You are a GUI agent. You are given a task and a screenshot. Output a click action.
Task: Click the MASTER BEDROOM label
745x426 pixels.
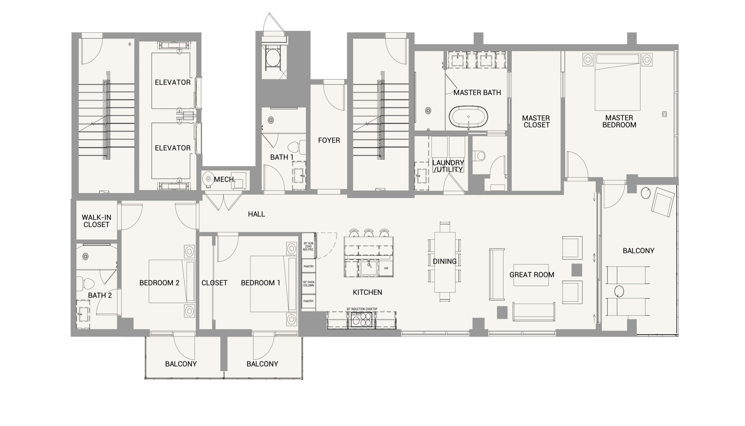coord(619,122)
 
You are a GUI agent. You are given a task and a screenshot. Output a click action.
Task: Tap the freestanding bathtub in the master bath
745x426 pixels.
coord(468,117)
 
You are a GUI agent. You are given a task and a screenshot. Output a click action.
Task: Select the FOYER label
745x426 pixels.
coord(329,140)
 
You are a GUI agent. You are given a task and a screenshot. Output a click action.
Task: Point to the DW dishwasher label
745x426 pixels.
coord(386,268)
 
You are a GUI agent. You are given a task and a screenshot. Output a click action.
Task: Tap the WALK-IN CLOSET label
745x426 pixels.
coord(96,221)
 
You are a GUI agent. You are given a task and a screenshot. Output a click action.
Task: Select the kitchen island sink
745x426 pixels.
coord(368,268)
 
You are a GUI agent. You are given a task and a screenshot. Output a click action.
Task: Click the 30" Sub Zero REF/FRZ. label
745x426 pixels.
coord(308,246)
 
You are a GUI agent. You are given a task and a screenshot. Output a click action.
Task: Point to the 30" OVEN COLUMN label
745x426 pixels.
coord(308,284)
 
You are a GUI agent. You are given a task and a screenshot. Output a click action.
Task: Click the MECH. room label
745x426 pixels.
coord(225,180)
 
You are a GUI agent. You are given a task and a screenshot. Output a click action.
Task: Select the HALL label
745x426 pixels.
coord(256,214)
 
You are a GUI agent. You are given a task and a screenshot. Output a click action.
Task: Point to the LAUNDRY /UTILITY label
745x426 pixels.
coord(448,166)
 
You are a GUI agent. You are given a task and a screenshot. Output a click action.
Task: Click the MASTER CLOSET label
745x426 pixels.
coord(536,122)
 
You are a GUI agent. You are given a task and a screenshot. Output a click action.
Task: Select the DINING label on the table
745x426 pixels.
coord(445,261)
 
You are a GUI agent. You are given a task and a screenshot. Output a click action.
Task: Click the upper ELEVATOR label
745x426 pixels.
coord(173,83)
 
